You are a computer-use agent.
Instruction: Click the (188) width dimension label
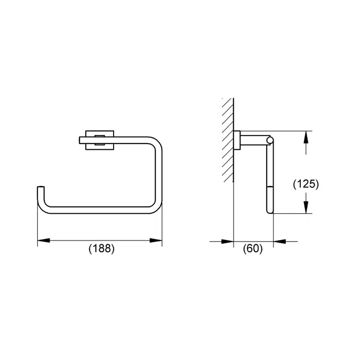click(x=101, y=249)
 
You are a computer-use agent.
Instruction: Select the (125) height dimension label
click(x=306, y=184)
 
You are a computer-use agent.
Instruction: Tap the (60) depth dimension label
click(x=253, y=249)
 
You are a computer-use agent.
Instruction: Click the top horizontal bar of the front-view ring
click(x=133, y=140)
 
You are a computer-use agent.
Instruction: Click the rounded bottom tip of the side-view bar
click(x=270, y=210)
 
